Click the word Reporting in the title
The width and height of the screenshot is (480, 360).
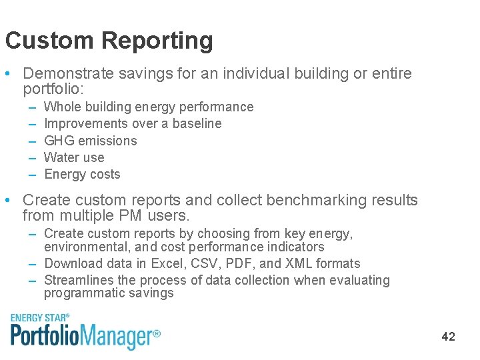coord(157,41)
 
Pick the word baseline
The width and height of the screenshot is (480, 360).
coord(197,123)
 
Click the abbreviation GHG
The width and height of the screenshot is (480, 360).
coord(57,141)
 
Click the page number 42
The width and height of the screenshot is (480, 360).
coord(448,337)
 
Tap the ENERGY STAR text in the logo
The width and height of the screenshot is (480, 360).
coord(40,318)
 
